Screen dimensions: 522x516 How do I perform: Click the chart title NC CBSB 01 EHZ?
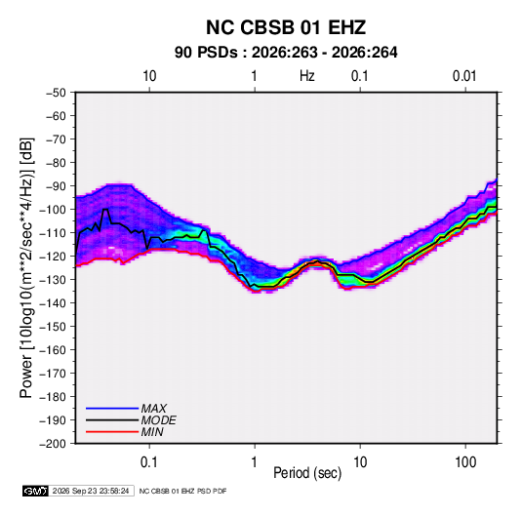pos(286,27)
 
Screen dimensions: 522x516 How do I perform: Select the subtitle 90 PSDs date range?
pos(286,53)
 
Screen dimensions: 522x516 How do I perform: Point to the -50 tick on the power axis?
pos(56,93)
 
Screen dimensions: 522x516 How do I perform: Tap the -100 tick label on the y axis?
pos(53,210)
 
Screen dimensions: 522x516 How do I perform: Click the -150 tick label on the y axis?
pos(53,327)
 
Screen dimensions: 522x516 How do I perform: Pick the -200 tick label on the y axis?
pos(53,444)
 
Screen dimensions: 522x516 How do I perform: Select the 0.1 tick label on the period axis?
pos(149,462)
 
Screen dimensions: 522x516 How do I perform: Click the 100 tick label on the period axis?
pos(465,462)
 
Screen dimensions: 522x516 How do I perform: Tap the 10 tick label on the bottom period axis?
pos(360,462)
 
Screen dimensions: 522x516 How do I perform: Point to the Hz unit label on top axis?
pos(307,76)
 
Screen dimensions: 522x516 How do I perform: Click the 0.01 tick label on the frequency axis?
pos(464,76)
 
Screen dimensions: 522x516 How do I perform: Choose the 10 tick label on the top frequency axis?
pos(149,76)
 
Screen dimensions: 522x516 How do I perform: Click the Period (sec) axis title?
pos(307,473)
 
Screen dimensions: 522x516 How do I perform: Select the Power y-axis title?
pos(26,267)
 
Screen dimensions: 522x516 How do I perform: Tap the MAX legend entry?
pos(154,409)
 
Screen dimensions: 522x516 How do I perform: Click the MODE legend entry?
pos(158,420)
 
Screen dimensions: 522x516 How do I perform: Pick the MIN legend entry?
pos(152,432)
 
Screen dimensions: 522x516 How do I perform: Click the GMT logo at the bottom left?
pos(36,491)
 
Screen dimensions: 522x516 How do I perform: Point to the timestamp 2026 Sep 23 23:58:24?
pos(91,491)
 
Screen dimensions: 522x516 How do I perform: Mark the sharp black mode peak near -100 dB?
pos(105,210)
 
